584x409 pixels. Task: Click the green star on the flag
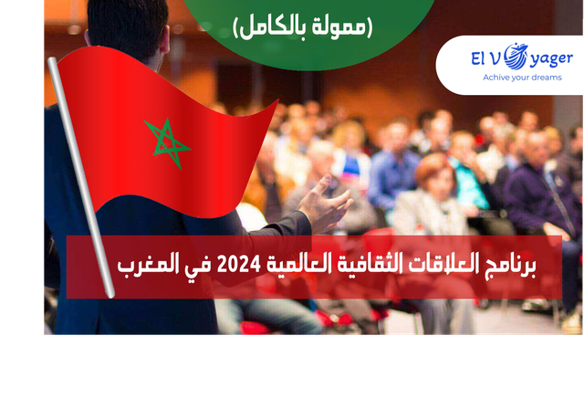tap(167, 143)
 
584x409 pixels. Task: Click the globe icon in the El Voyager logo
tap(516, 57)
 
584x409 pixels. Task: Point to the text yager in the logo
tap(551, 59)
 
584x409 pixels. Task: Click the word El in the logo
tap(478, 58)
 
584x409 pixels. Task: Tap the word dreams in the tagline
tap(546, 78)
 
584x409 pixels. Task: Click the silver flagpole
tap(81, 177)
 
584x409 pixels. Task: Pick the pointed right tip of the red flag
tap(278, 100)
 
